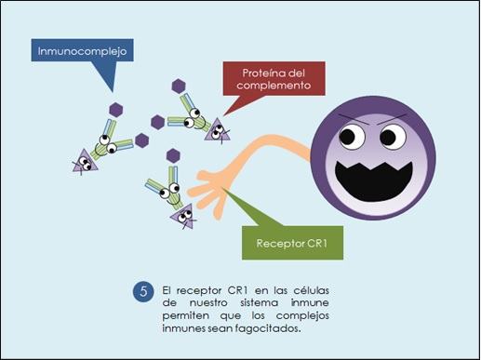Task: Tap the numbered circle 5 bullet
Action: (142, 291)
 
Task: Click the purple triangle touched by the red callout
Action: (219, 131)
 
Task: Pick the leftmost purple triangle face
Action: (82, 164)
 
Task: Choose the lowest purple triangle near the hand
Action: (182, 217)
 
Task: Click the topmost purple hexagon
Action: (179, 86)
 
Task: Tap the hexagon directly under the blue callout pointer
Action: (116, 109)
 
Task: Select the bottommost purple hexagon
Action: (172, 154)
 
